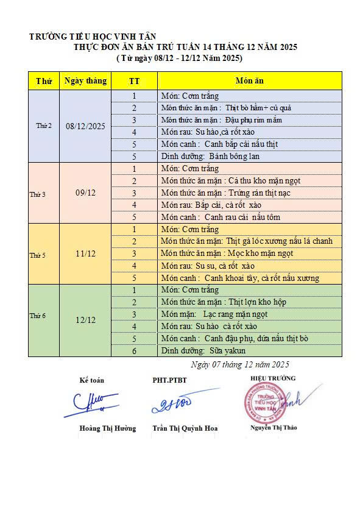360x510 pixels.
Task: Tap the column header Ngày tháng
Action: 85,81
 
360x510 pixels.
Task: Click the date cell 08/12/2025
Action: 85,126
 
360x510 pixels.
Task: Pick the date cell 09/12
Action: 85,193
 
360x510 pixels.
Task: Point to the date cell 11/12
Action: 85,253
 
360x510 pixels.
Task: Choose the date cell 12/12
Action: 85,320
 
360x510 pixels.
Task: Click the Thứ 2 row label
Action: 44,126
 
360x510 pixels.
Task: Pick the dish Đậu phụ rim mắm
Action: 251,120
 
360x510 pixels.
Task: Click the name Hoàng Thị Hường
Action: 107,428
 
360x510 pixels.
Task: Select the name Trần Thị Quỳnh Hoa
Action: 185,428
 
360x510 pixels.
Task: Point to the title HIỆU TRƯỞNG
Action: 272,378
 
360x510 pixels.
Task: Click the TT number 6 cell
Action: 134,351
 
